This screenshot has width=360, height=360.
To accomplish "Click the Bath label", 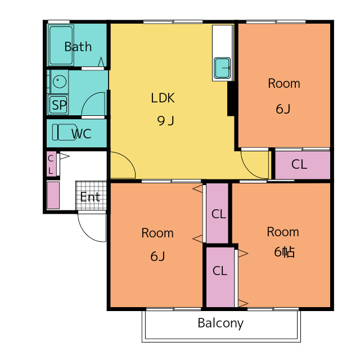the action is point(78,47).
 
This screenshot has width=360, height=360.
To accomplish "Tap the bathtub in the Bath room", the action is point(61,45).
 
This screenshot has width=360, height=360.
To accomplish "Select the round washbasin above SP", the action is point(60,81).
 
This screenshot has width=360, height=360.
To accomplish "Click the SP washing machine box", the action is point(58,105).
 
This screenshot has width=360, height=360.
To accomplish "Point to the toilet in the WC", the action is point(65,132).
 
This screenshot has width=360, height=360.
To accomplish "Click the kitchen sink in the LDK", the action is point(222,68).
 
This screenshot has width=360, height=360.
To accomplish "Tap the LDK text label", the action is point(163,98).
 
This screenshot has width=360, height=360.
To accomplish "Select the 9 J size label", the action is point(165,120).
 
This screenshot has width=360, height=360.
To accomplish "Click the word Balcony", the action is point(220,323).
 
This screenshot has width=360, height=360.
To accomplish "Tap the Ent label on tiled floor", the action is point(90,197).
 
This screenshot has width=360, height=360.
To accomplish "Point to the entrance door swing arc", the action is point(92,227).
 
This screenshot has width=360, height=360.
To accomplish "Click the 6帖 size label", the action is point(284,252).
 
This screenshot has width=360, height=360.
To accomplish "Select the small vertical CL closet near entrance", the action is point(51,164).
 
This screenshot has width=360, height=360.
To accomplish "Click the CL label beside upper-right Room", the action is point(299,164).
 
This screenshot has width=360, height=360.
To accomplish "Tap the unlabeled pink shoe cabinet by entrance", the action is point(53,195).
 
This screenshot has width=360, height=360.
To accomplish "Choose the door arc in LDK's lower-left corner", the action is point(123,165).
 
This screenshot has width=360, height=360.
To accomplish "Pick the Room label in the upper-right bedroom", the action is point(284,83).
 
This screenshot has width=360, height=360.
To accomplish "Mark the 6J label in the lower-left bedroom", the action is point(157,256).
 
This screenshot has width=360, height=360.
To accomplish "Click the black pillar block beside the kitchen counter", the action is point(231,98).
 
